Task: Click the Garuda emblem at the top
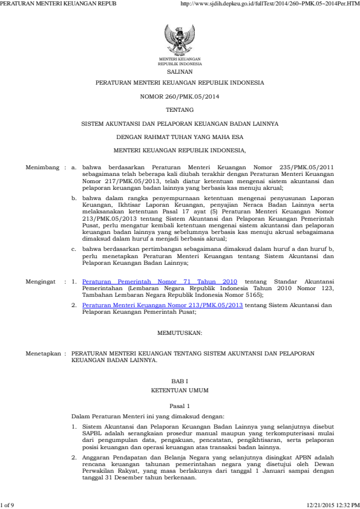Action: [x=180, y=40]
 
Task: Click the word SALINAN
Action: [x=180, y=71]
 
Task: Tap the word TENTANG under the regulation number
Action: [x=180, y=110]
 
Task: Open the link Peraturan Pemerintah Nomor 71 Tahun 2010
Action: [x=159, y=282]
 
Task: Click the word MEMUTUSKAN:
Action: [x=180, y=332]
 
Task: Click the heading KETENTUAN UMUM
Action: [x=180, y=392]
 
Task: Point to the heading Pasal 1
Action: [x=180, y=406]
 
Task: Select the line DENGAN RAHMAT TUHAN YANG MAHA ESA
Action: [x=180, y=137]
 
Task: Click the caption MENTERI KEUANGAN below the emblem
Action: [x=180, y=59]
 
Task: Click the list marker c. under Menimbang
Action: [x=74, y=248]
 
